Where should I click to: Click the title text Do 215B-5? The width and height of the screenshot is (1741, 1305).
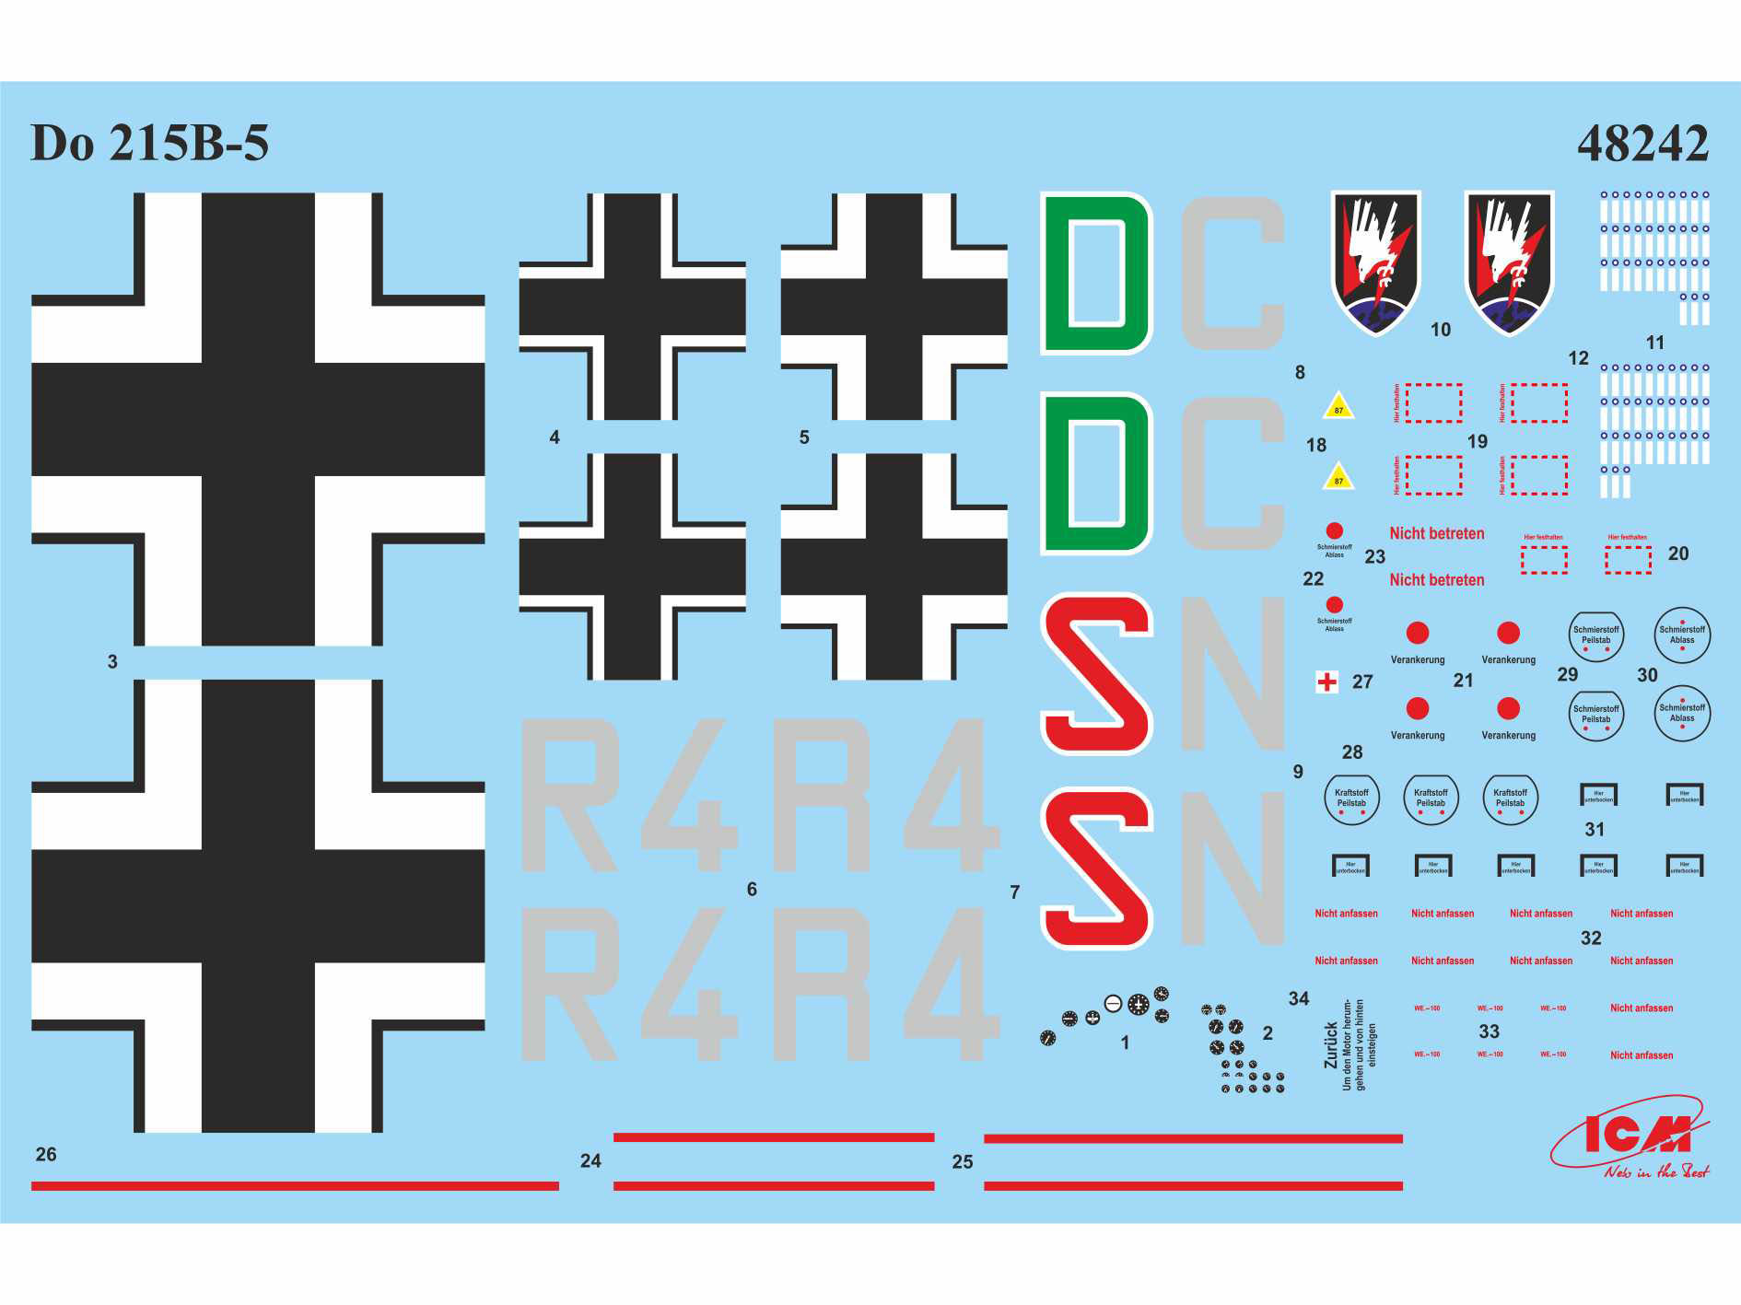[149, 143]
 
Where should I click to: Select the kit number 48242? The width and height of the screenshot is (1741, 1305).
[1642, 144]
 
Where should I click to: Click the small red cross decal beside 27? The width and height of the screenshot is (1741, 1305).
[1326, 682]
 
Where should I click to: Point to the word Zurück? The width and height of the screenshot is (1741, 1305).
[1330, 1044]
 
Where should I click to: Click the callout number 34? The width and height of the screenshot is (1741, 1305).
[1298, 998]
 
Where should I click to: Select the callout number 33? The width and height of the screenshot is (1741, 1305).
[1489, 1031]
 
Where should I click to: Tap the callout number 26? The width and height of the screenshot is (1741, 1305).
[46, 1154]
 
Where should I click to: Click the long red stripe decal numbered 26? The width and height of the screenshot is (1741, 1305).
[295, 1186]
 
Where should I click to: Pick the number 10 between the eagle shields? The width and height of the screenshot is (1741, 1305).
[1441, 330]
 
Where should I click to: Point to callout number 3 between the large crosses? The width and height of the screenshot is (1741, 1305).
[112, 661]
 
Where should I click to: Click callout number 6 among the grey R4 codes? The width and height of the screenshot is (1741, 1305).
[752, 889]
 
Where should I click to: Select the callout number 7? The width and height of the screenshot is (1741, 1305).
[1014, 891]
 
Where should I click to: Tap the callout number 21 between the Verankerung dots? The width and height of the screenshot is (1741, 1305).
[1463, 681]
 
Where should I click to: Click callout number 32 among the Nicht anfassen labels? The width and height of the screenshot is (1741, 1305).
[1591, 938]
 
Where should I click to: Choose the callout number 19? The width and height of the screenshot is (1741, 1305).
[1478, 441]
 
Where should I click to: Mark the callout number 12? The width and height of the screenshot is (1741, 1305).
[1578, 358]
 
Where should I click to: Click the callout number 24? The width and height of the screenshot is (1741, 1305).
[590, 1161]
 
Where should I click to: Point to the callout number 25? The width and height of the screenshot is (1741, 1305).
[962, 1162]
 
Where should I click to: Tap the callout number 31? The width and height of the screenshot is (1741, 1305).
[1595, 829]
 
